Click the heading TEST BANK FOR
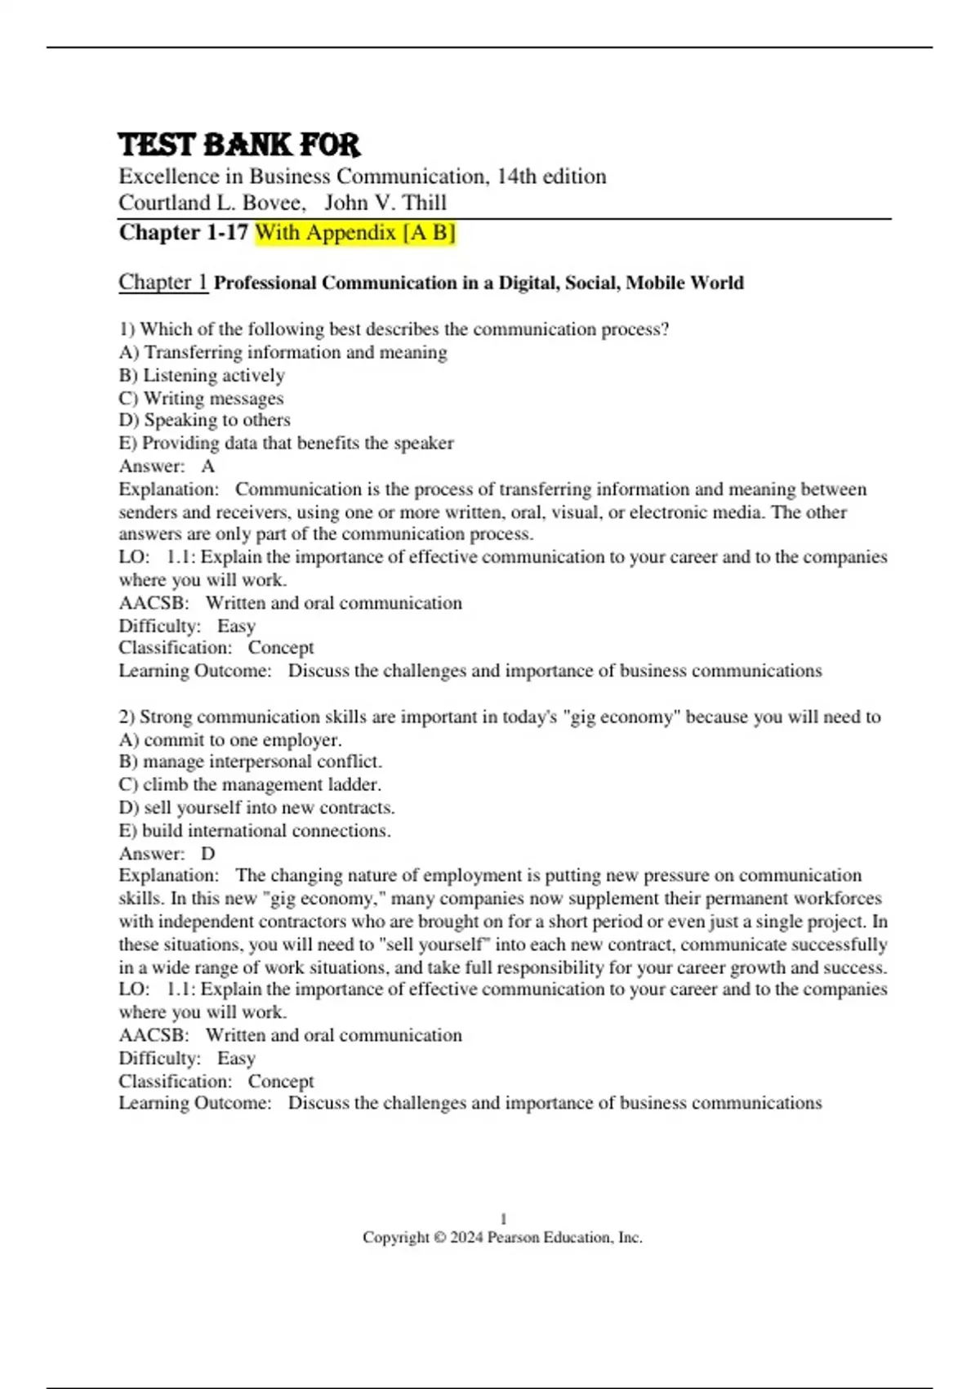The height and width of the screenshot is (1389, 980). click(x=238, y=145)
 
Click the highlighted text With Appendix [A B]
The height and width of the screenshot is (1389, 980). click(x=354, y=233)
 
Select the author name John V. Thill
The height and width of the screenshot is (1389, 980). click(x=385, y=203)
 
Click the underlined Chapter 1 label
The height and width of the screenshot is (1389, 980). click(x=163, y=282)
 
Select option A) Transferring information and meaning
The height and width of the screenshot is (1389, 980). click(x=283, y=352)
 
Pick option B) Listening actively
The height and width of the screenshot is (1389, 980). click(x=202, y=375)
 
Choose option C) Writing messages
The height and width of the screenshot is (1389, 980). click(x=201, y=398)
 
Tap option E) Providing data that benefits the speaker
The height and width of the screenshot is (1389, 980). click(x=286, y=443)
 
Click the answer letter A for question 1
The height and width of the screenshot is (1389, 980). click(x=208, y=466)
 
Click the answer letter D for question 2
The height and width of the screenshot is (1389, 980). click(x=208, y=854)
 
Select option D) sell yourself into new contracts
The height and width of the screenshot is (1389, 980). click(x=256, y=807)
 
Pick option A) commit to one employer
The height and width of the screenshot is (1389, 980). click(x=229, y=739)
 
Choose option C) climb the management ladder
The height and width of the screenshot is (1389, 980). click(x=250, y=784)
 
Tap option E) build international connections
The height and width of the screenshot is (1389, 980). click(x=255, y=830)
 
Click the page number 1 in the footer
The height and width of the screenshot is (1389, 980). click(x=503, y=1218)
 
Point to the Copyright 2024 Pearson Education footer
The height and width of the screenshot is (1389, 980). click(x=502, y=1237)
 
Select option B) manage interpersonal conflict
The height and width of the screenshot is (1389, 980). click(x=250, y=761)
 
